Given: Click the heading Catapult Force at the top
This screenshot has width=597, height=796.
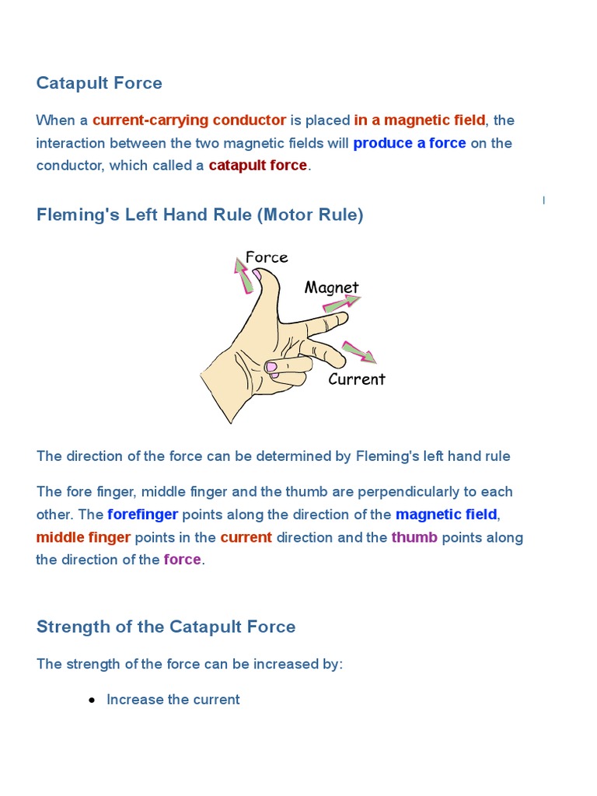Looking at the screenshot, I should pyautogui.click(x=99, y=83).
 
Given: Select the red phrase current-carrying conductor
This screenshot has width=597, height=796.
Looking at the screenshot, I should pyautogui.click(x=189, y=120).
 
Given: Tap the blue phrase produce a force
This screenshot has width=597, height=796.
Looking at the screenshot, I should pyautogui.click(x=410, y=143).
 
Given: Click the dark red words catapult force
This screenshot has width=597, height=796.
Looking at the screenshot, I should pyautogui.click(x=257, y=166).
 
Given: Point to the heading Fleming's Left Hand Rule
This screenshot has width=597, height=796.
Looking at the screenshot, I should pyautogui.click(x=200, y=215).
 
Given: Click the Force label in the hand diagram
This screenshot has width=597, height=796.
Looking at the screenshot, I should pyautogui.click(x=267, y=257).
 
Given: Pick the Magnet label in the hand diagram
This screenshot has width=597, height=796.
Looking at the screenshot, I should pyautogui.click(x=332, y=288).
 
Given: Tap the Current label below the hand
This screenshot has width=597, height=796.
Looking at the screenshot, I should pyautogui.click(x=357, y=379).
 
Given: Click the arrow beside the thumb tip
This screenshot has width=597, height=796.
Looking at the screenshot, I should pyautogui.click(x=244, y=276).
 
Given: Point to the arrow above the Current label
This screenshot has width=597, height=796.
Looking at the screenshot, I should pyautogui.click(x=359, y=352).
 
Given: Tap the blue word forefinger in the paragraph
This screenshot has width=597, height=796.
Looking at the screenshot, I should pyautogui.click(x=143, y=515).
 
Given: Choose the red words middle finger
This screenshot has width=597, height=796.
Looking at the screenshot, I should pyautogui.click(x=83, y=537).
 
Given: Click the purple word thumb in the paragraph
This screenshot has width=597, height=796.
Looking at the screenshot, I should pyautogui.click(x=414, y=537).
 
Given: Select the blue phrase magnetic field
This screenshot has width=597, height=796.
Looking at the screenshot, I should pyautogui.click(x=446, y=515).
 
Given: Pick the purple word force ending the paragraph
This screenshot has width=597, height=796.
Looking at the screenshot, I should pyautogui.click(x=183, y=560).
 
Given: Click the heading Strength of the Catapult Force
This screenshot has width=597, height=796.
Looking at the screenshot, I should pyautogui.click(x=166, y=627).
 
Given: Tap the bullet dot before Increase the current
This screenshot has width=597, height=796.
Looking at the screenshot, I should pyautogui.click(x=93, y=700).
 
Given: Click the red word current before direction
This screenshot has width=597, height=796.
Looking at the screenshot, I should pyautogui.click(x=246, y=537).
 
